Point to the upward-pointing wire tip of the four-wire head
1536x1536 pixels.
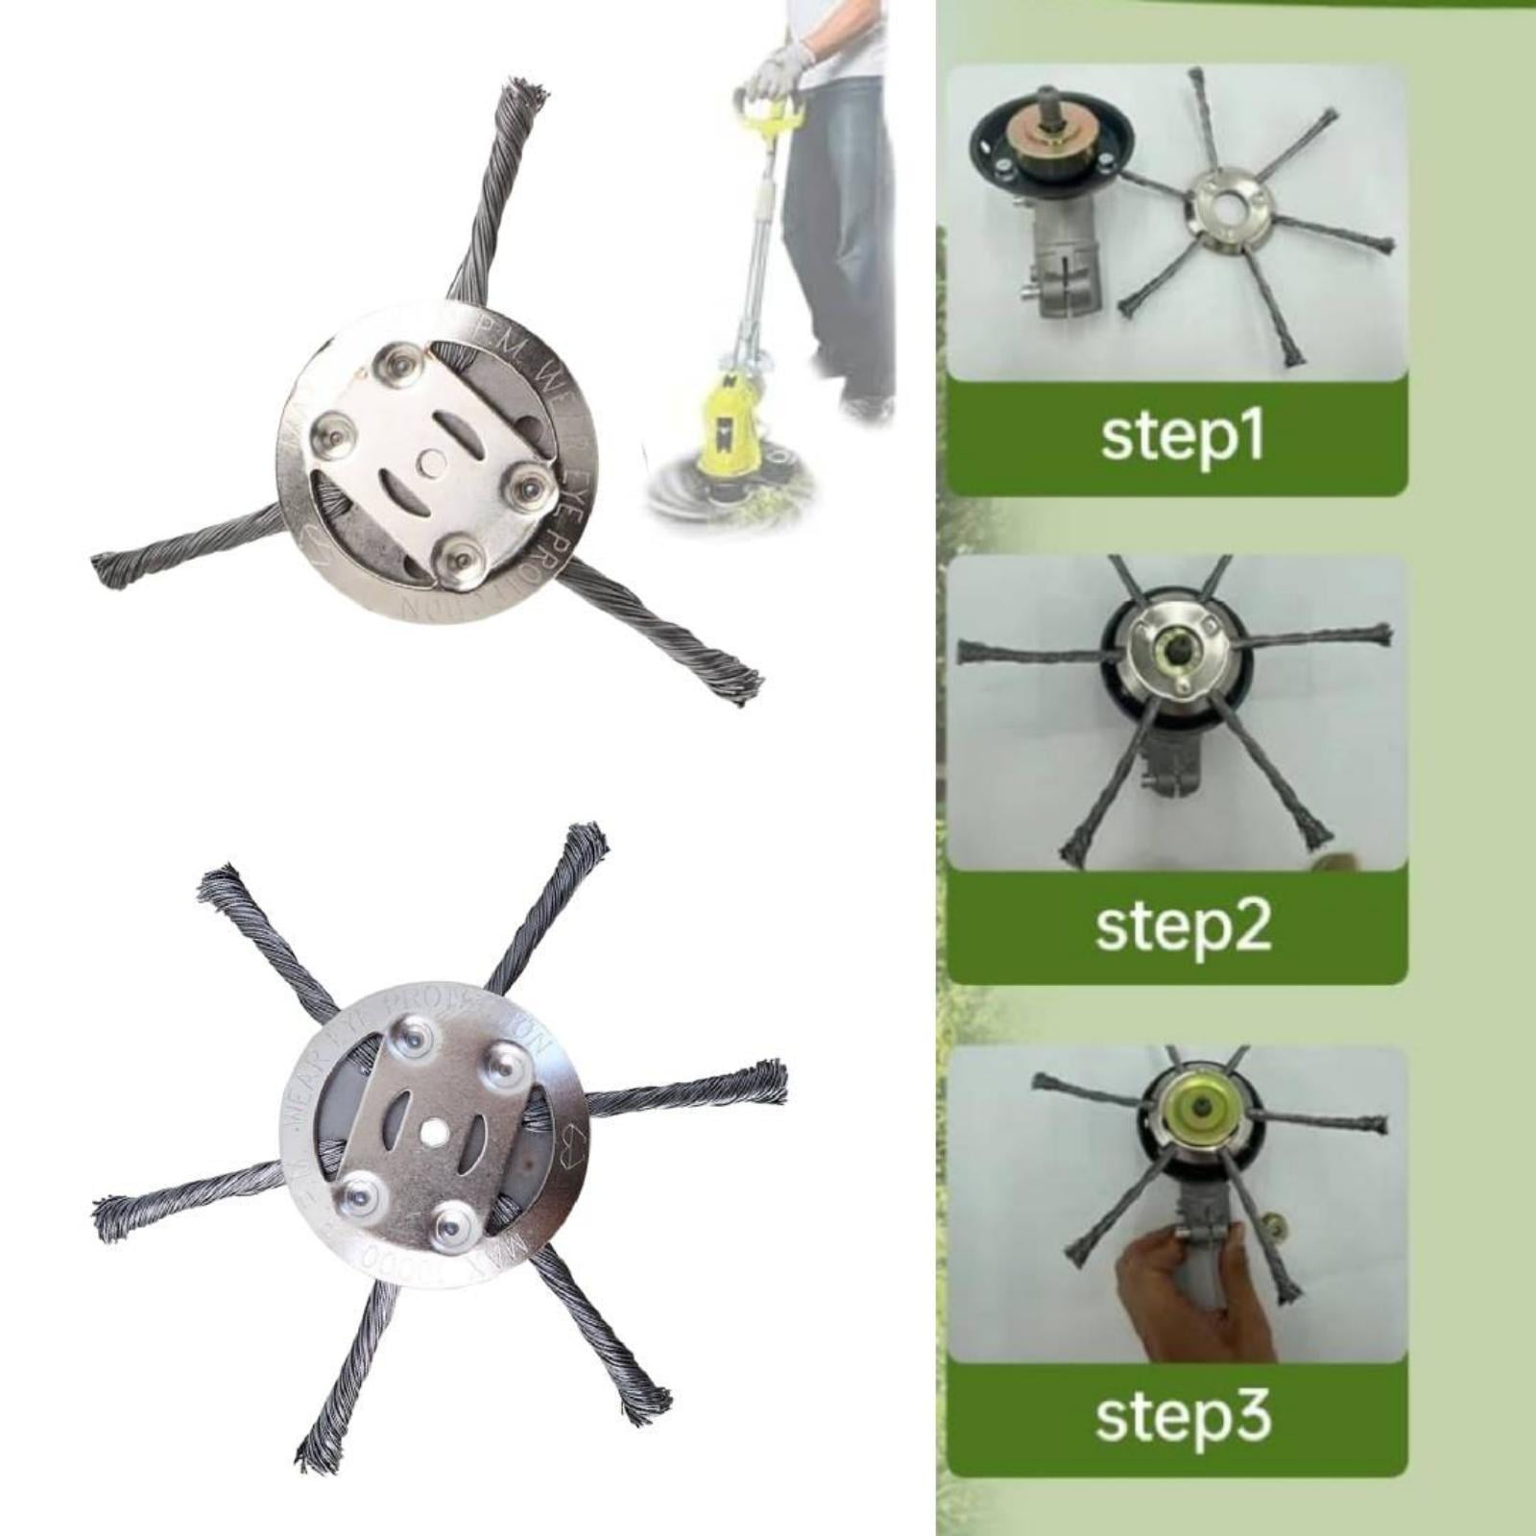click(x=526, y=96)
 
